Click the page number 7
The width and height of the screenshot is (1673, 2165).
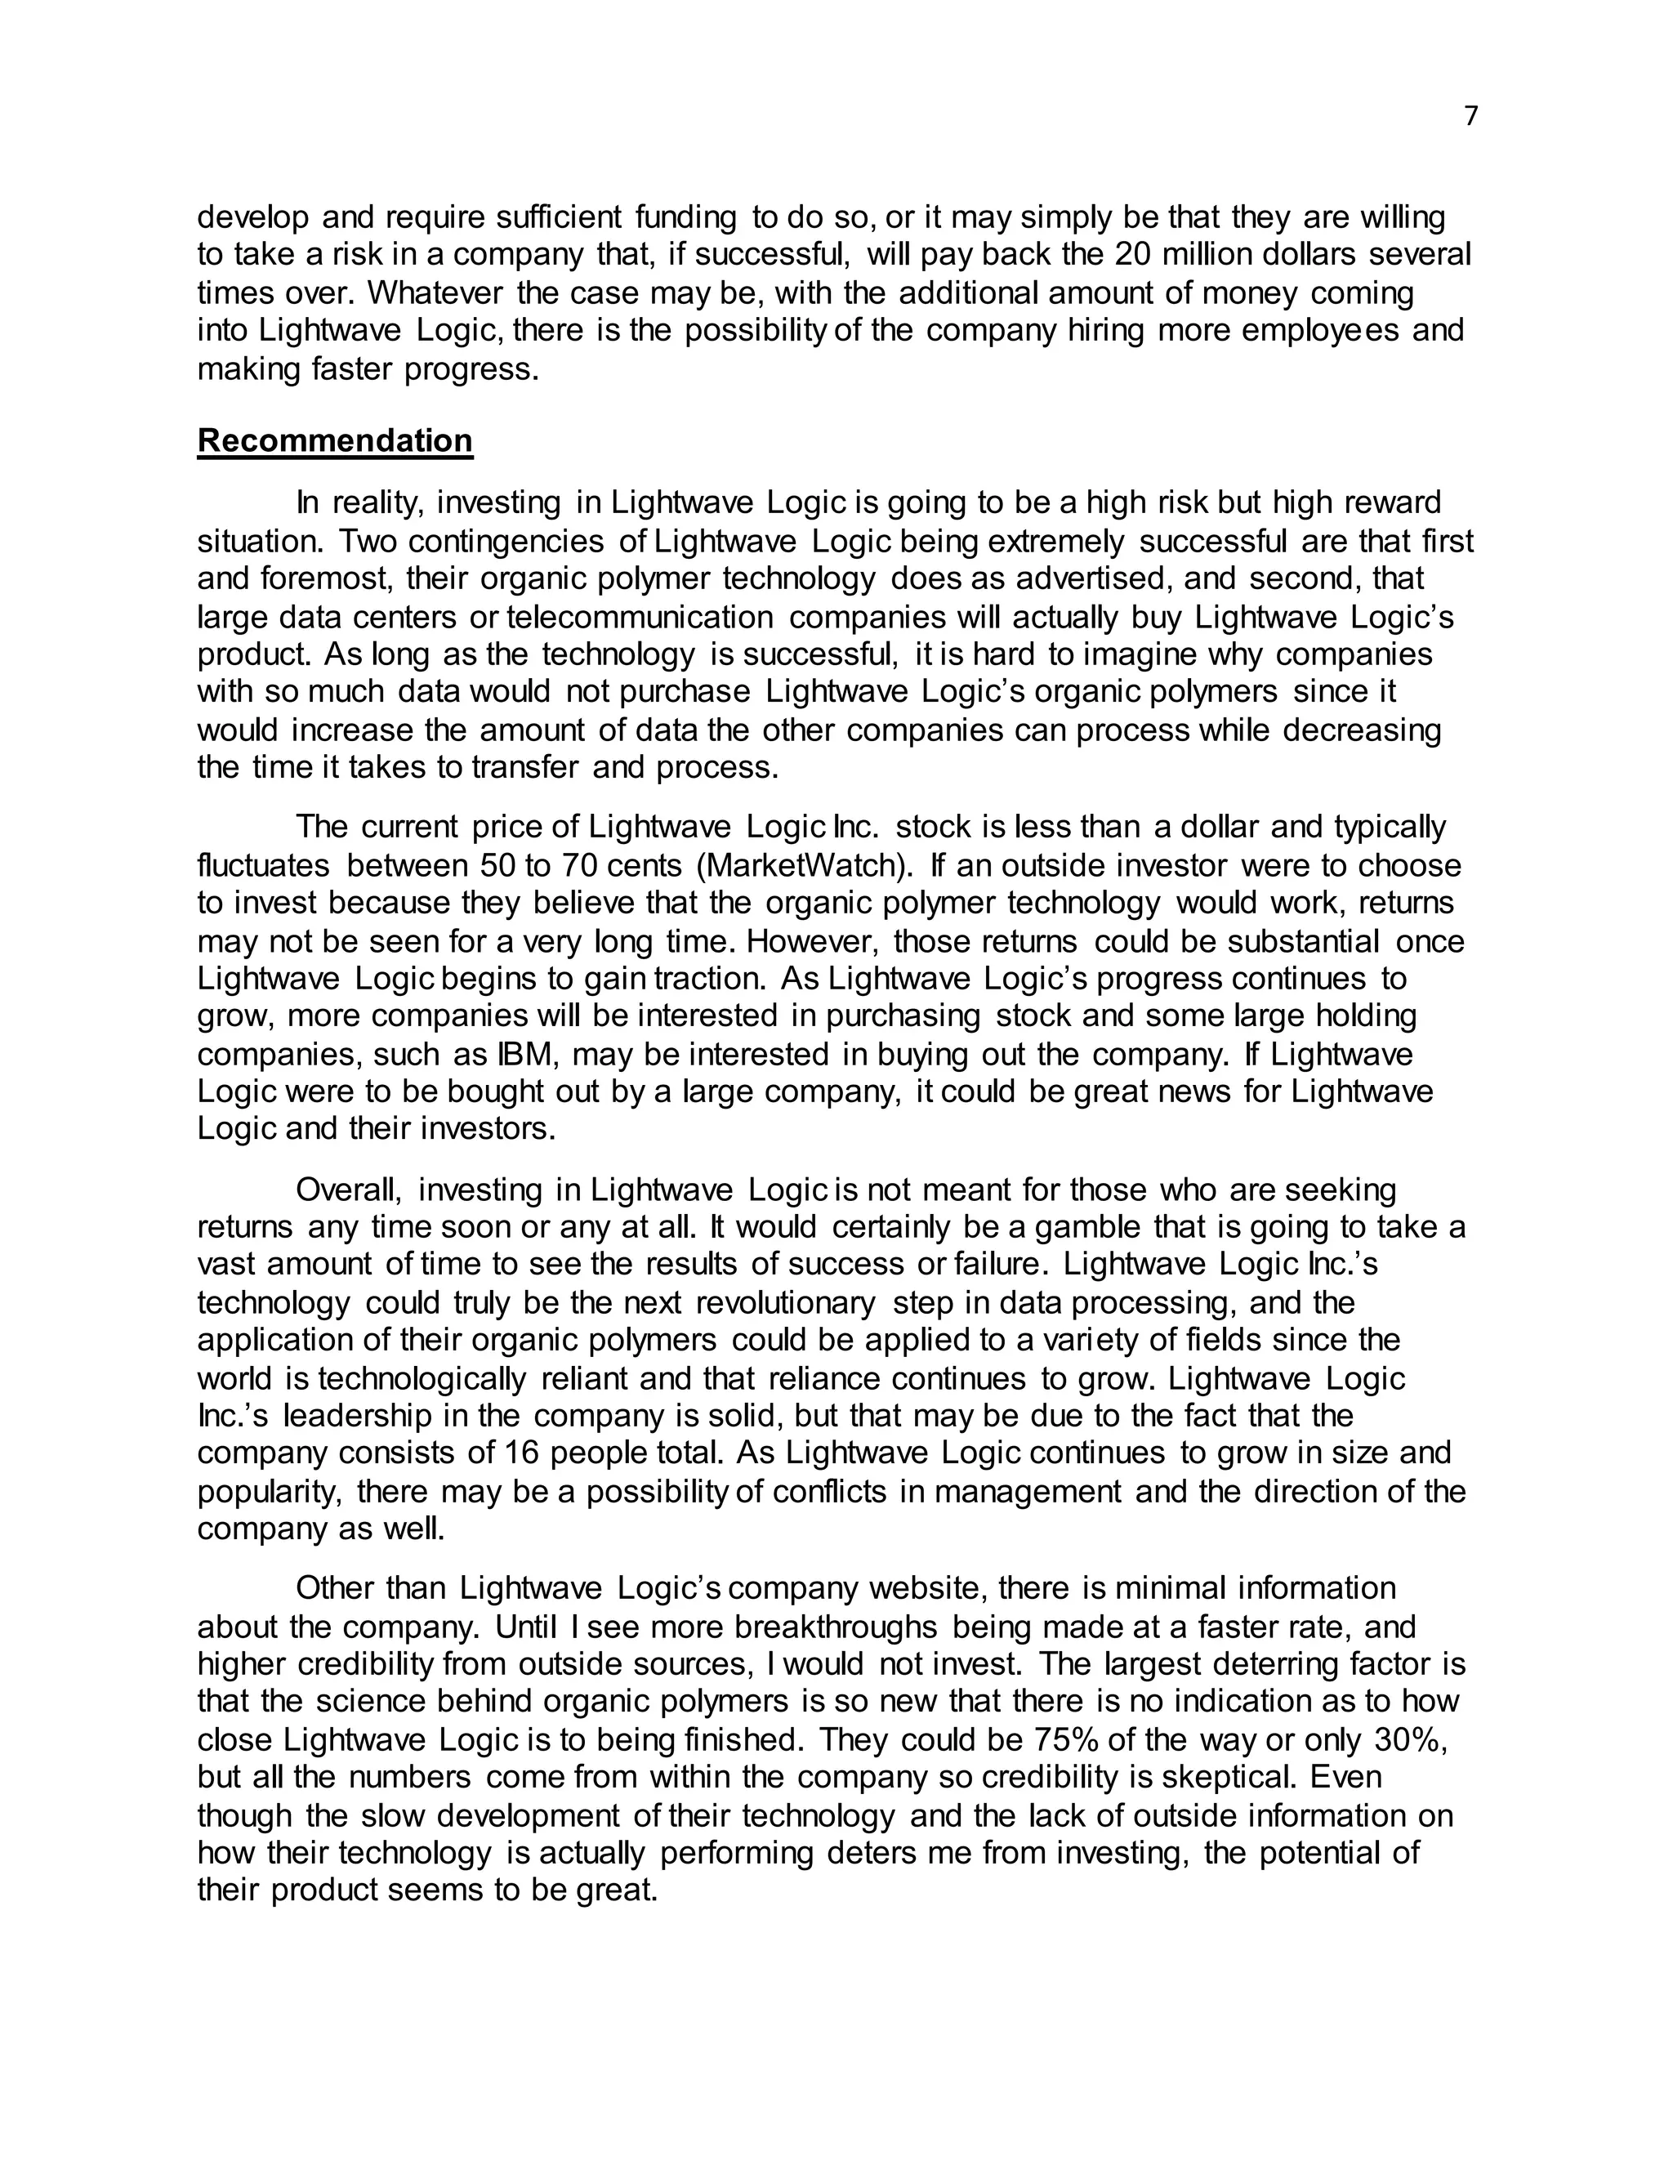(1470, 117)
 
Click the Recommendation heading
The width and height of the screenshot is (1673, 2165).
(335, 440)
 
